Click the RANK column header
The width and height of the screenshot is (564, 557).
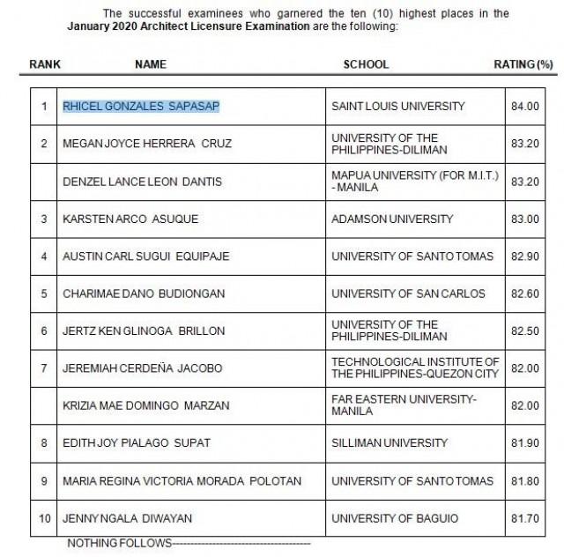(x=44, y=64)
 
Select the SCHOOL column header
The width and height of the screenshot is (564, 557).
(x=366, y=64)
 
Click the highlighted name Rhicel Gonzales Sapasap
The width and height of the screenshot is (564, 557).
(x=141, y=107)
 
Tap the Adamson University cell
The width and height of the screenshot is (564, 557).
(x=391, y=219)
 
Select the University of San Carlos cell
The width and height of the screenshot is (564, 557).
(x=407, y=293)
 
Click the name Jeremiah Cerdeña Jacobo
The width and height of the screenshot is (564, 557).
(x=142, y=368)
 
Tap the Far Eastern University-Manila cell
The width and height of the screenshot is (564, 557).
(x=403, y=405)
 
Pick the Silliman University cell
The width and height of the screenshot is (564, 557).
(x=384, y=443)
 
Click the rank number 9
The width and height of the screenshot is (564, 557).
(x=44, y=480)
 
